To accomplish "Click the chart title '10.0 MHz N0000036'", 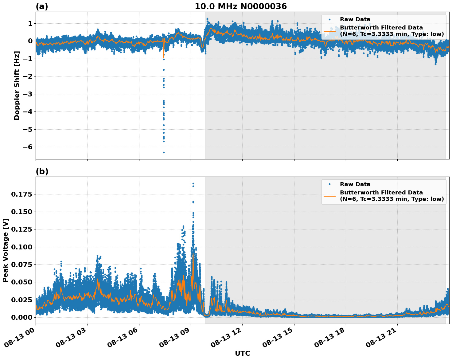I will tap(240, 6).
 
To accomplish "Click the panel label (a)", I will tap(42, 6).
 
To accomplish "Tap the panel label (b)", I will tap(42, 171).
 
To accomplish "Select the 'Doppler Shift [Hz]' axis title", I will tap(17, 85).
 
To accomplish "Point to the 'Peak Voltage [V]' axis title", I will tap(6, 250).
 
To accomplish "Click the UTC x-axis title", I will tap(242, 354).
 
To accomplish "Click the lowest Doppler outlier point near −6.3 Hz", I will tap(164, 152).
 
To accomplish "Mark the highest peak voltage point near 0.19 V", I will tap(193, 184).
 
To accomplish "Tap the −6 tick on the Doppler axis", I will tap(28, 147).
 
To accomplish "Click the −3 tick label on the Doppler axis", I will tap(28, 94).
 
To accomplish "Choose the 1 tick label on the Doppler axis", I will tap(30, 24).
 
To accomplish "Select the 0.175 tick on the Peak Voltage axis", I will tap(21, 194).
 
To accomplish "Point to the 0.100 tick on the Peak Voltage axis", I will tap(21, 247).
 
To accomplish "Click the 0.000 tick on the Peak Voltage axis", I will tap(21, 317).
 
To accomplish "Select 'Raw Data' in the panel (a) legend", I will tap(355, 19).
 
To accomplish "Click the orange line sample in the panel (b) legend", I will tap(329, 196).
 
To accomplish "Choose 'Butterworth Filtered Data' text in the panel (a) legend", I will tap(381, 28).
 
